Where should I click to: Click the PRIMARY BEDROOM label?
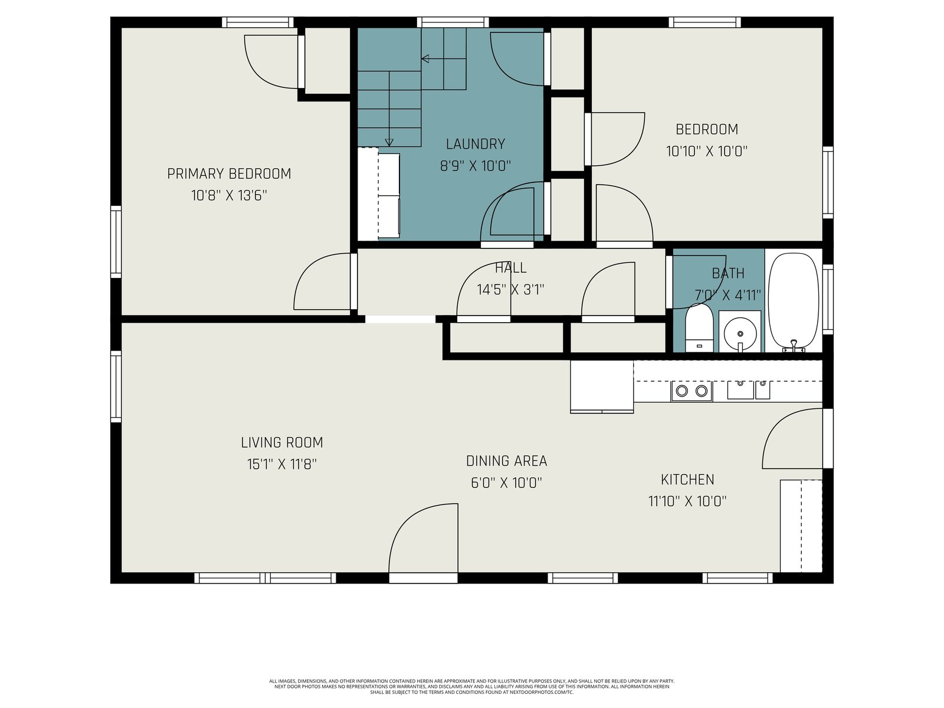(229, 173)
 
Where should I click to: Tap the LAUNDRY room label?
(475, 144)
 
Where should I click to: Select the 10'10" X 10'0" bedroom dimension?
(707, 151)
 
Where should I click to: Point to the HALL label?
(510, 268)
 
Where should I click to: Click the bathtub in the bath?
(794, 301)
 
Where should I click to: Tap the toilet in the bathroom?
(699, 327)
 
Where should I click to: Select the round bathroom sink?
(740, 334)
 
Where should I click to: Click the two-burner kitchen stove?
(691, 391)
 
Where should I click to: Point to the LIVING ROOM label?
(281, 442)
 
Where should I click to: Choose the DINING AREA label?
(507, 461)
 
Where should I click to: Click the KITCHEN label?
(687, 479)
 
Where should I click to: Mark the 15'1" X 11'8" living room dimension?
(281, 464)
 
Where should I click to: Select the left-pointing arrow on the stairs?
(444, 58)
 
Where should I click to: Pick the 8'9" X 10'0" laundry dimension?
(475, 166)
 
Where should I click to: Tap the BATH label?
(727, 273)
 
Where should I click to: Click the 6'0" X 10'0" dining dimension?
(506, 483)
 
